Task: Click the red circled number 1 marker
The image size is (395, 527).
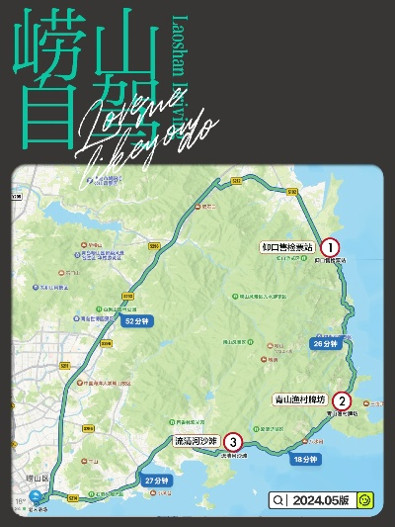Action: point(331,247)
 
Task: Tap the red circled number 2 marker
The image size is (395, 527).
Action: point(342,400)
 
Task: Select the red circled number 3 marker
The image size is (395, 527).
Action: point(232,442)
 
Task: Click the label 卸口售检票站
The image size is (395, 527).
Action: point(286,247)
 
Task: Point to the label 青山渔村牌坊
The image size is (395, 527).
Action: point(301,400)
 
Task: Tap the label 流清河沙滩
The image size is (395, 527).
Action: point(195,441)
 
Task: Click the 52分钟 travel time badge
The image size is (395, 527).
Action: point(135,321)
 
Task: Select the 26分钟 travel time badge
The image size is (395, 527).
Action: point(325,343)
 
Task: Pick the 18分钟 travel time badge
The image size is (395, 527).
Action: point(305,459)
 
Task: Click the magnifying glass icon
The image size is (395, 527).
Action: point(280,501)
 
